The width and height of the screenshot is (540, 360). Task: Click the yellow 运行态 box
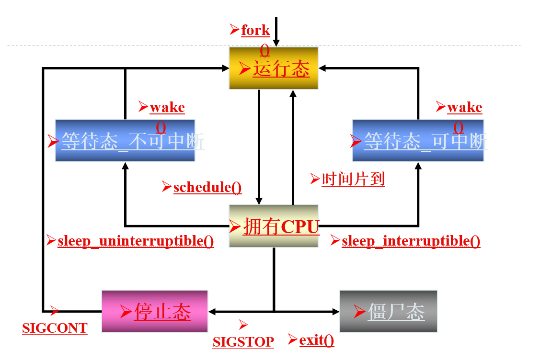point(274,68)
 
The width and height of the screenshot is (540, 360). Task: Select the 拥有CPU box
point(274,226)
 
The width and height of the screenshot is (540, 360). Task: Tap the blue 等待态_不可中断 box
point(125,141)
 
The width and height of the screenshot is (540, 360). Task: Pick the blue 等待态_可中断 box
point(418,141)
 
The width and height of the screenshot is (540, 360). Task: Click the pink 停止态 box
point(155,311)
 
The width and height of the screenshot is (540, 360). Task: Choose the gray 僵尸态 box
point(388,311)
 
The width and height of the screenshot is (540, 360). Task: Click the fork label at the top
point(255,30)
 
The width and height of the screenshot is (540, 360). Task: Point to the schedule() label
point(207,187)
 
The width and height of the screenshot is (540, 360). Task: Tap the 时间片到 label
point(353,180)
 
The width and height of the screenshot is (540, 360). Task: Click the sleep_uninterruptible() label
point(136,241)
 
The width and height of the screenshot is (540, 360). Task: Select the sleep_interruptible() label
point(411,241)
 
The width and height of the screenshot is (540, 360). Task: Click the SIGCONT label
point(55,328)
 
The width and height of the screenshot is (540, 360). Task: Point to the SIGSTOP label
point(243,342)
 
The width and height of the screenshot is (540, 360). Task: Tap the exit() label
point(316,340)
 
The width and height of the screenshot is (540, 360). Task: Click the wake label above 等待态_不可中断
point(167,107)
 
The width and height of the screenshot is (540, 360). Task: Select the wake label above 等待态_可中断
point(465,107)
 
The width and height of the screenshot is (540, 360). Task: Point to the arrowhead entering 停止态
point(212,312)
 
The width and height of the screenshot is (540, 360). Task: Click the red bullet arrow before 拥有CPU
point(235,225)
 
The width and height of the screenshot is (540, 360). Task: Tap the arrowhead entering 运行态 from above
point(276,44)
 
